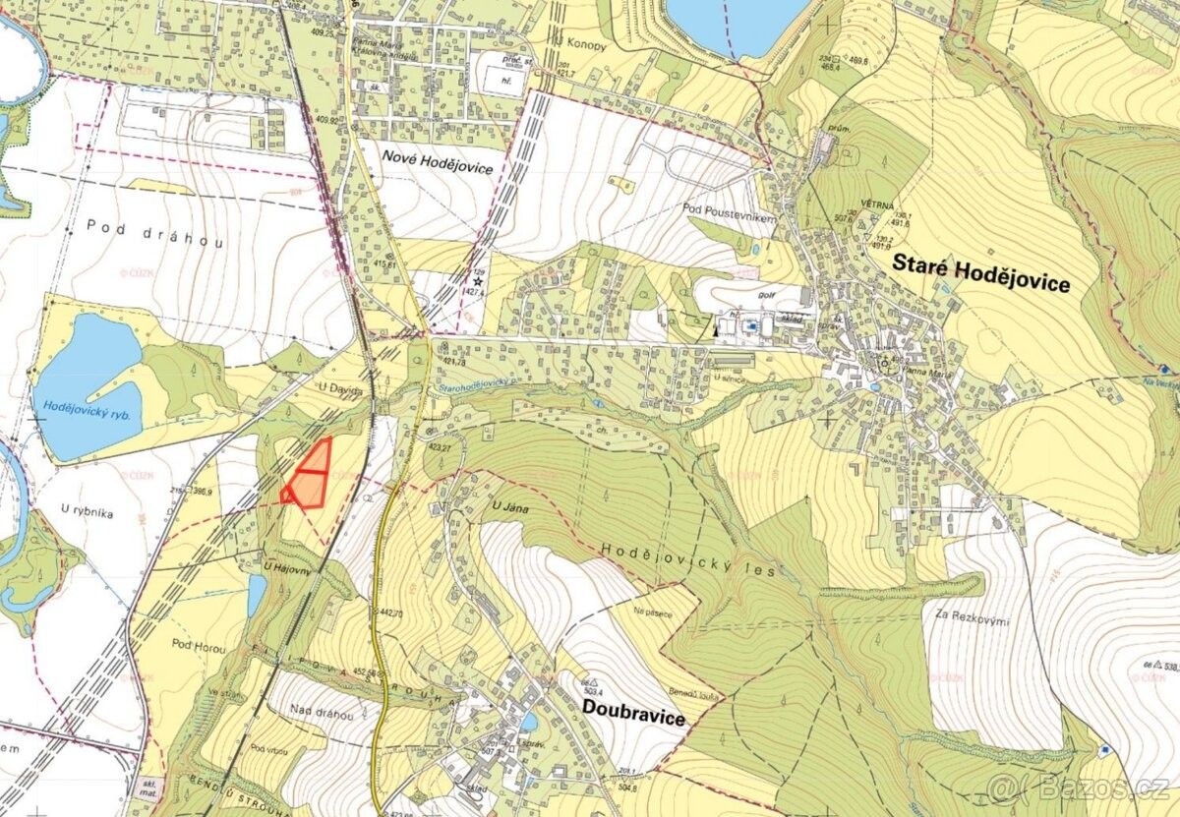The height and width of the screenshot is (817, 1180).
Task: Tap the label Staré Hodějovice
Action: (x=980, y=273)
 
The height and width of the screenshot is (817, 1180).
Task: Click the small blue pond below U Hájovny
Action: (x=257, y=594)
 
